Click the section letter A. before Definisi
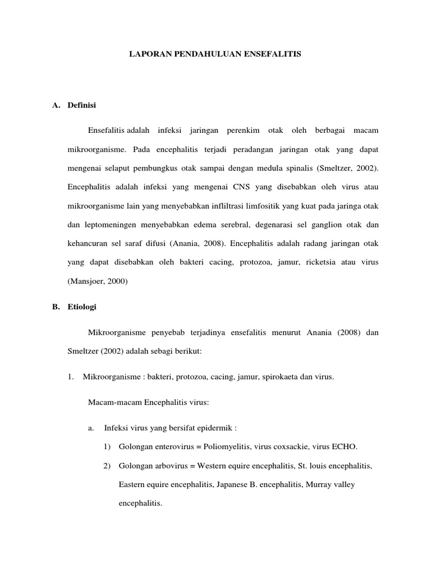pos(56,105)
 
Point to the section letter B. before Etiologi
pos(56,307)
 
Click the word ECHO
pos(343,447)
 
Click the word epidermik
pos(216,428)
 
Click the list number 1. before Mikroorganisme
pos(70,377)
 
